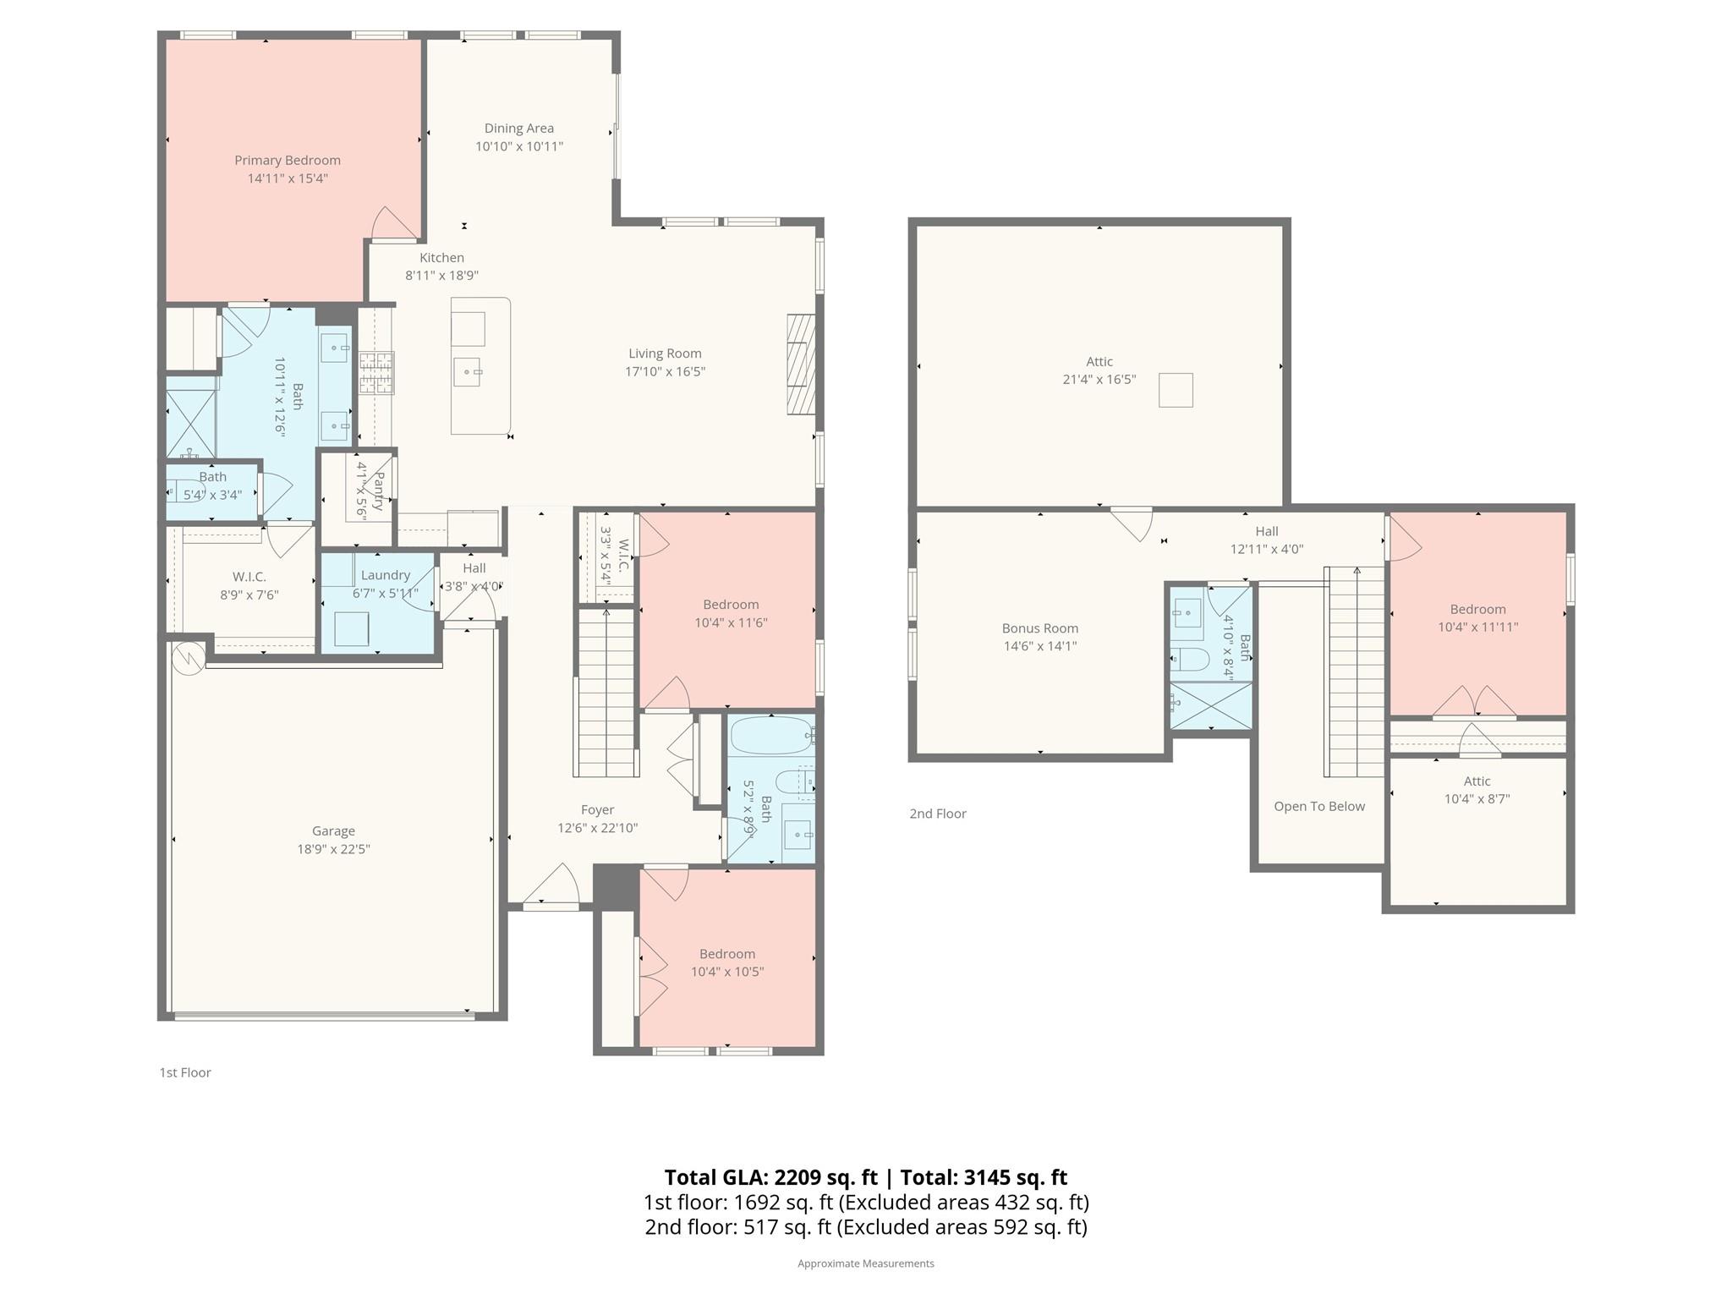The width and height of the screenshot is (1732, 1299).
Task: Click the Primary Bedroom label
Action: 288,161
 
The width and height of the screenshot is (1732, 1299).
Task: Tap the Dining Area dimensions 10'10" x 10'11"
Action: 518,146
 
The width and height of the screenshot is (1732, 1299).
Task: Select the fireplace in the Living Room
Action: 801,364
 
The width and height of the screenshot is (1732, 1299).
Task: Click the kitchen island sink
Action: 466,371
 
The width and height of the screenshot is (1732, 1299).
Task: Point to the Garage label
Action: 333,831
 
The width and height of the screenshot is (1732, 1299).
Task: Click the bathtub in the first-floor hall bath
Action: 770,736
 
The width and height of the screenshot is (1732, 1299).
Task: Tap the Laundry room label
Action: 385,575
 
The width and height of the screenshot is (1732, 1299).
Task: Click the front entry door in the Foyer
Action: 551,906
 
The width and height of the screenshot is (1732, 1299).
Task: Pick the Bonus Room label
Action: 1039,628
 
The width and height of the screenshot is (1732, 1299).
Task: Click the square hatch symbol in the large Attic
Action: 1175,391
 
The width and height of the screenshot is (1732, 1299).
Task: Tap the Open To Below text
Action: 1318,807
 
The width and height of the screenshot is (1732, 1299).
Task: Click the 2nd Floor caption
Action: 937,814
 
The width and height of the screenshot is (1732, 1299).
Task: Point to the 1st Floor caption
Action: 185,1072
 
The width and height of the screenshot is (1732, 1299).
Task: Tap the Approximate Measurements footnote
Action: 865,1263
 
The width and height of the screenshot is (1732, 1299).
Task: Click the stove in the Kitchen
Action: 376,373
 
